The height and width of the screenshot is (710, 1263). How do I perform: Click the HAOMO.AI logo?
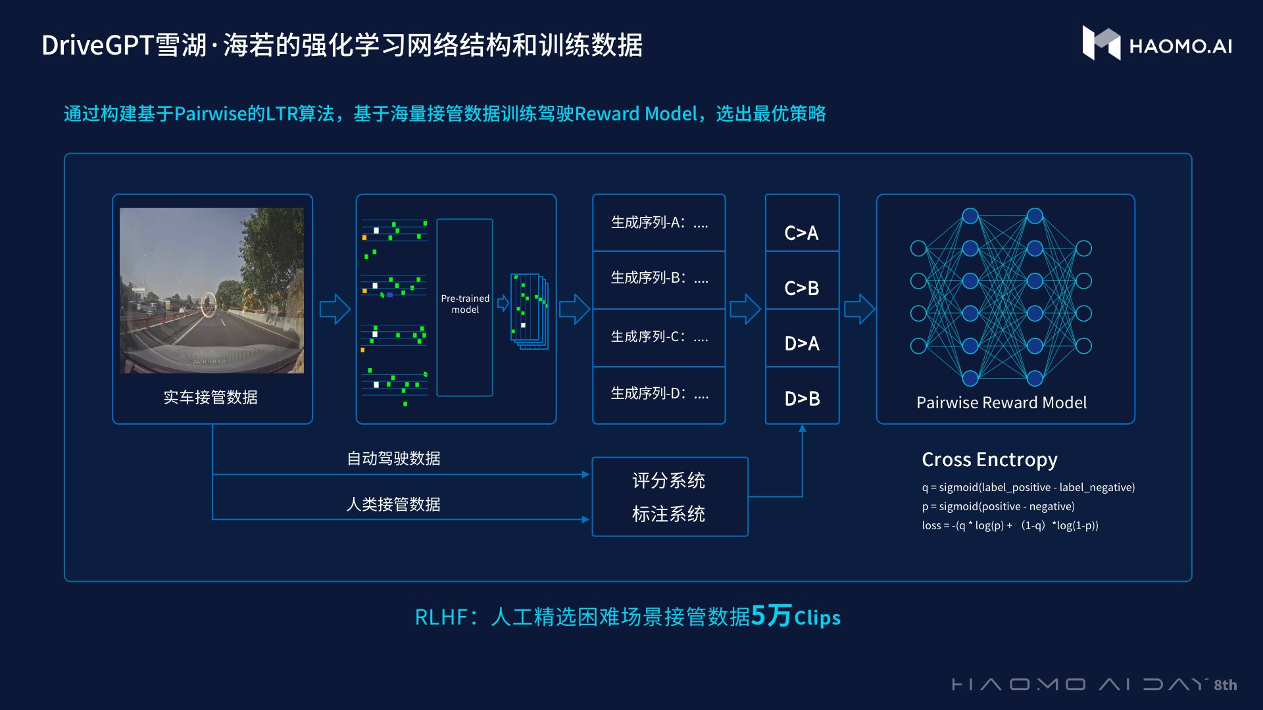coord(1157,44)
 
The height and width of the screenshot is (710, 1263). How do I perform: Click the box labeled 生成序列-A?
coord(658,223)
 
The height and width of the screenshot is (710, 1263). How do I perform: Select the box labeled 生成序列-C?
coord(658,337)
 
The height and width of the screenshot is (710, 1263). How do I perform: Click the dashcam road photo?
coord(212,291)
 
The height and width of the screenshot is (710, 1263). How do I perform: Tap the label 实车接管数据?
coord(210,397)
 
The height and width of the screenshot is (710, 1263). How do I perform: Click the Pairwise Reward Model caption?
coord(1001,402)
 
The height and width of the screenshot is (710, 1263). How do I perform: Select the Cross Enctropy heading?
coord(989,460)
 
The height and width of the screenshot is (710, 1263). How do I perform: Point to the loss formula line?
coord(1010,525)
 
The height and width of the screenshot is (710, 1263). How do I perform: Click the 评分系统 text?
coord(668,481)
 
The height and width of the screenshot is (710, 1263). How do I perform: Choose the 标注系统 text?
coord(668,514)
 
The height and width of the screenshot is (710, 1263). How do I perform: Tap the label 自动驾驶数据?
coord(393,458)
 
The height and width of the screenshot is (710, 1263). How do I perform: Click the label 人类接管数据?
coord(393,504)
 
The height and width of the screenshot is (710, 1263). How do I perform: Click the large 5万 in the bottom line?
coord(770,616)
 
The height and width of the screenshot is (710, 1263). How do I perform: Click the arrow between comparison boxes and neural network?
coord(858,309)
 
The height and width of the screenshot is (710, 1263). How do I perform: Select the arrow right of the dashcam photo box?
coord(334,309)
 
